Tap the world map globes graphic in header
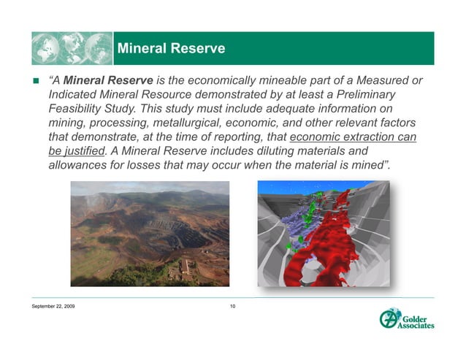coord(72,48)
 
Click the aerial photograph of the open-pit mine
coord(149,234)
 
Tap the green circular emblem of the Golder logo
coord(389,319)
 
